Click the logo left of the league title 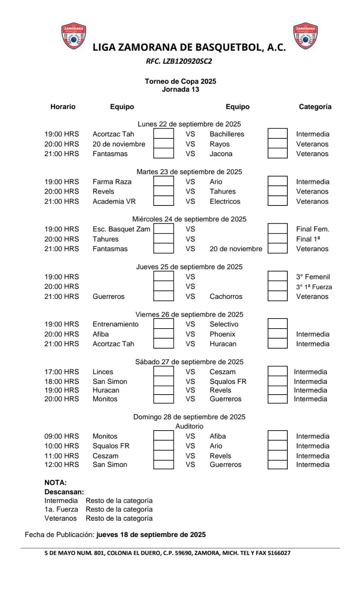[x=73, y=37]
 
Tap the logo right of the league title [x=305, y=36]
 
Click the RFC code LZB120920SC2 [x=179, y=62]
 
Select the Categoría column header [x=315, y=107]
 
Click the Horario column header [x=63, y=107]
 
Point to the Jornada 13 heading [x=180, y=89]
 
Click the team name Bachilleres [x=227, y=134]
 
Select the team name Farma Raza [x=112, y=182]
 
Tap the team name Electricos [x=225, y=201]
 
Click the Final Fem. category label [x=313, y=229]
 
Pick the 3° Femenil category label [x=313, y=277]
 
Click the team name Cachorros [x=226, y=296]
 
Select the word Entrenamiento [x=115, y=324]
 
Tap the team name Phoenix [x=222, y=334]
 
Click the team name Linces [x=103, y=372]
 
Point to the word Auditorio [x=189, y=426]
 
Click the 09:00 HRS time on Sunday [x=62, y=436]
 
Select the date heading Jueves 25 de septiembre [x=189, y=267]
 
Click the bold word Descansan [x=64, y=492]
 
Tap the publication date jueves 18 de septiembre [x=151, y=535]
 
